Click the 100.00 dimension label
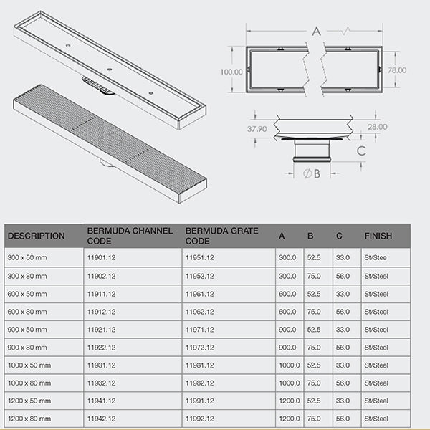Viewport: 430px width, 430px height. [231, 72]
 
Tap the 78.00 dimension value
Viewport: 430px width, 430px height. [397, 70]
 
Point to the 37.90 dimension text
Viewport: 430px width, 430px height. [257, 129]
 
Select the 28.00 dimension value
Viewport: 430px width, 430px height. [378, 127]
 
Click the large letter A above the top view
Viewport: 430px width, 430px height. [316, 30]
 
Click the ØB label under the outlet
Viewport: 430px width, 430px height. [312, 173]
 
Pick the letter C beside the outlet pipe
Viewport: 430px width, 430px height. [361, 151]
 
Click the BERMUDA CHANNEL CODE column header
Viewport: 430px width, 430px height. [130, 236]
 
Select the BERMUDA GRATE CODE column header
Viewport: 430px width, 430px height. [218, 236]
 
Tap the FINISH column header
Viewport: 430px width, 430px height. [378, 236]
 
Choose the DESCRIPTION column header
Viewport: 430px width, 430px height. [36, 236]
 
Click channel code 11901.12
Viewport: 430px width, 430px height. [101, 257]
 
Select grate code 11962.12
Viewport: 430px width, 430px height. [200, 311]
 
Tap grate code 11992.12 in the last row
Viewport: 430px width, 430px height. [200, 419]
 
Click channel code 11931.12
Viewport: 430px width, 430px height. [101, 365]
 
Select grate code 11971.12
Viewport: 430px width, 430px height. [200, 329]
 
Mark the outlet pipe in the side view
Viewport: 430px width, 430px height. [312, 151]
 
